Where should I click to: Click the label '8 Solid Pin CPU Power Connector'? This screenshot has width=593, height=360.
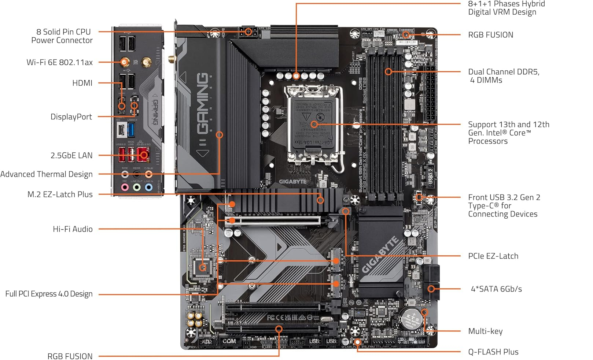click(x=62, y=36)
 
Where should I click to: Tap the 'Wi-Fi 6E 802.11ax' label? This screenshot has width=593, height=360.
click(x=59, y=62)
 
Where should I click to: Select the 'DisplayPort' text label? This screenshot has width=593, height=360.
click(x=71, y=117)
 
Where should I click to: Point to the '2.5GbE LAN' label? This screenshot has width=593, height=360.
click(x=71, y=155)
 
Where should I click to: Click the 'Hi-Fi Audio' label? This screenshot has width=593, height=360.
click(x=73, y=229)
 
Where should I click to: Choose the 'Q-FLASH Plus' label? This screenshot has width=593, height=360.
click(x=493, y=352)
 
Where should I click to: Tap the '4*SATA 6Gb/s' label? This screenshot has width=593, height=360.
click(x=496, y=289)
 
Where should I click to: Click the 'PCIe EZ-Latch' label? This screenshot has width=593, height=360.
click(x=493, y=256)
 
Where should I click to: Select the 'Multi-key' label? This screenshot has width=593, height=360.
click(x=485, y=331)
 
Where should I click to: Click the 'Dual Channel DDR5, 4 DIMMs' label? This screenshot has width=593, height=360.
click(x=503, y=76)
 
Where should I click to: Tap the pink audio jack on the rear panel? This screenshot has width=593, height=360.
click(x=125, y=187)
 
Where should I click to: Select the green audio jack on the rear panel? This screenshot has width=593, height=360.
click(x=137, y=187)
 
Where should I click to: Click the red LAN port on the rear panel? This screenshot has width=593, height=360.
click(x=143, y=155)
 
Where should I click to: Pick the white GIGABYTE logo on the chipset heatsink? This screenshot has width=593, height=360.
click(x=380, y=255)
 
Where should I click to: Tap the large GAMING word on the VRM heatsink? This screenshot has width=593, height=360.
click(x=203, y=103)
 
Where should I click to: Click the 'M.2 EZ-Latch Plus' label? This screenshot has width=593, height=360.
click(x=60, y=194)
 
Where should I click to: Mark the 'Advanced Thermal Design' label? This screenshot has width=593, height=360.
click(x=47, y=174)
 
